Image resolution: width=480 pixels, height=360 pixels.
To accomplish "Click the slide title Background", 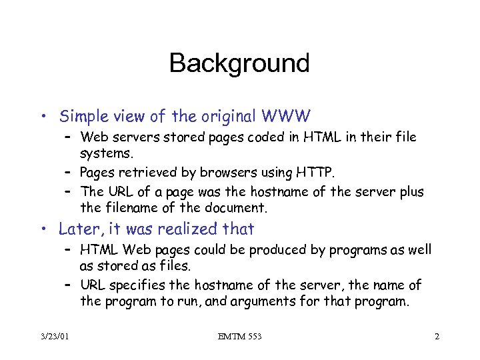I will pyautogui.click(x=239, y=63).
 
